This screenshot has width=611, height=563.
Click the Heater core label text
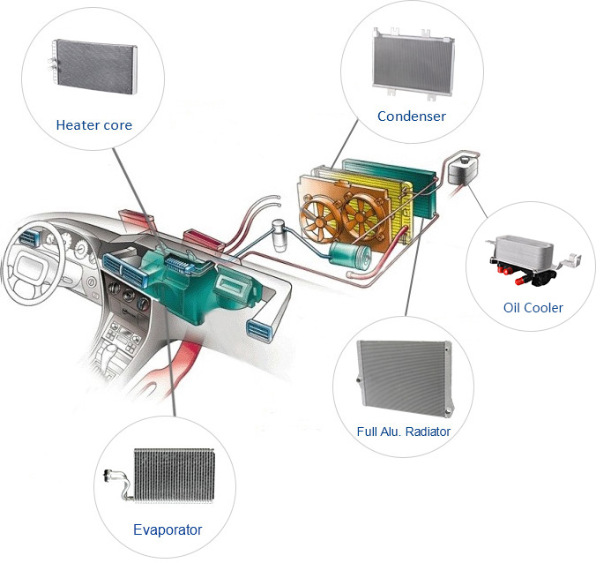point(93,125)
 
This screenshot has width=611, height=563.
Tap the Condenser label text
point(411,116)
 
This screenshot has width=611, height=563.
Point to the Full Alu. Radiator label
point(403,432)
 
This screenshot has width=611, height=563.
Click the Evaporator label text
point(168,529)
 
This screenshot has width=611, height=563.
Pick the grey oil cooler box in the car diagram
point(458,168)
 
